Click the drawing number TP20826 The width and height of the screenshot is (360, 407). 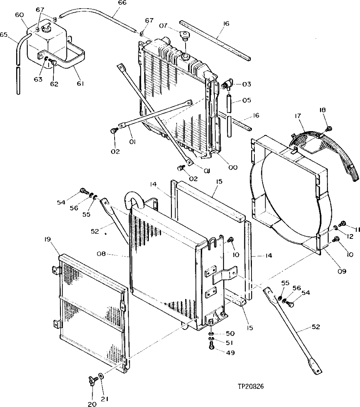click(250, 386)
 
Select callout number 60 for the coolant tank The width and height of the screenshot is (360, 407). click(19, 15)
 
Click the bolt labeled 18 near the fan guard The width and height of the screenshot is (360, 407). click(328, 128)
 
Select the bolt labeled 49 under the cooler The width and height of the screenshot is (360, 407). click(212, 346)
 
